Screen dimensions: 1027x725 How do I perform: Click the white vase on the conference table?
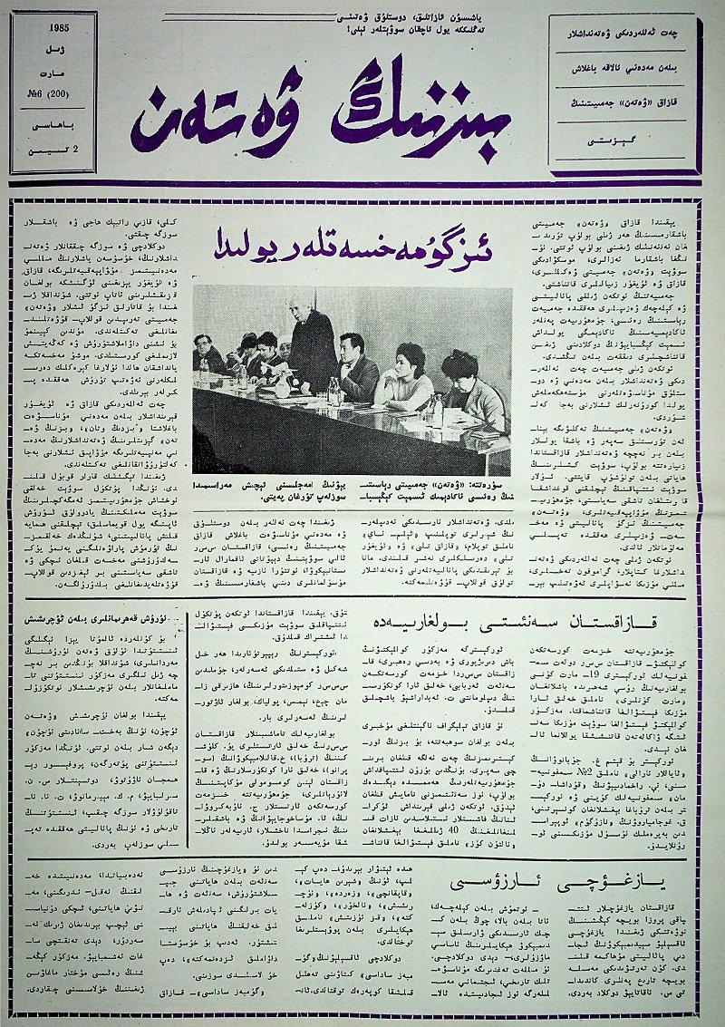(x=278, y=384)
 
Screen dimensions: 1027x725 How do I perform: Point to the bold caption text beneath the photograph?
(x=352, y=490)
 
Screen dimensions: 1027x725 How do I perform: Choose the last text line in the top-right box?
(x=625, y=141)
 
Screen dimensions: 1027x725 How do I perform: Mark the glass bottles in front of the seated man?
(x=333, y=392)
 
